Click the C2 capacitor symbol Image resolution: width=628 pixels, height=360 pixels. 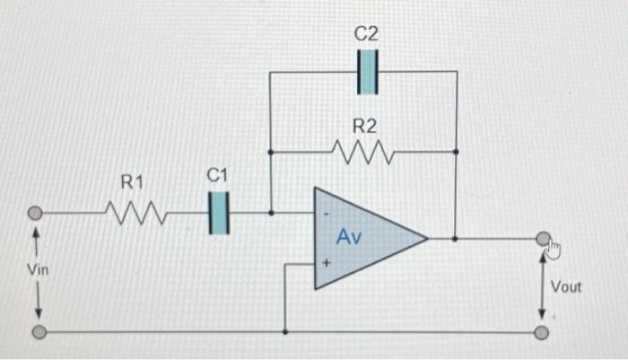point(368,72)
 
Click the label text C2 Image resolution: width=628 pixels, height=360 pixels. point(366,33)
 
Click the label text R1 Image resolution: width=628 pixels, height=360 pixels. point(132,183)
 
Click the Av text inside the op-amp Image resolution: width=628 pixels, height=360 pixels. point(350,237)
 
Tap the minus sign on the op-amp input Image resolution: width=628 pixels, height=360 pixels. point(326,215)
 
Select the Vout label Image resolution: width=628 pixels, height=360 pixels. point(566,287)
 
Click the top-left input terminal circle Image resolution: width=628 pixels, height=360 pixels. point(36,214)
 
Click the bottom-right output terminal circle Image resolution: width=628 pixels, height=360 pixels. point(541,333)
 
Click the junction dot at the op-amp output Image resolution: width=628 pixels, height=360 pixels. point(456,239)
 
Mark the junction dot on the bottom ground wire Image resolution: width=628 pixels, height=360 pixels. point(284,332)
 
